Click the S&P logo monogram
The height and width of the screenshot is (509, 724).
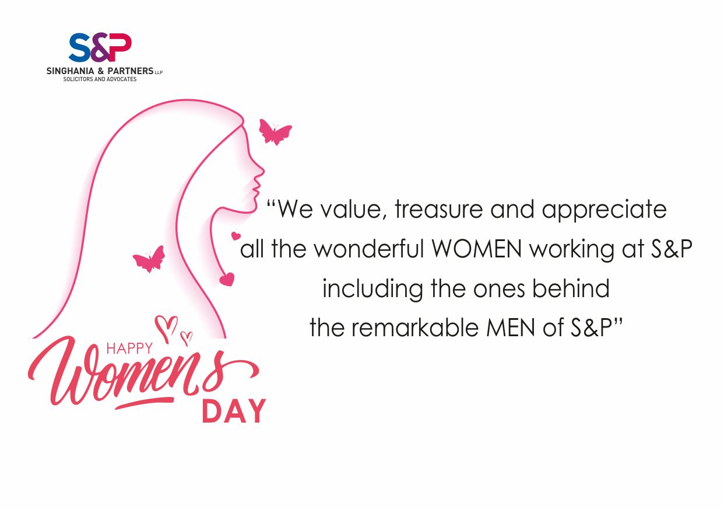click(x=100, y=47)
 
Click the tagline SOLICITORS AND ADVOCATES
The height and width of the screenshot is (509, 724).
click(x=100, y=79)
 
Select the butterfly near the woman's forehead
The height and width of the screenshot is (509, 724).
click(x=275, y=132)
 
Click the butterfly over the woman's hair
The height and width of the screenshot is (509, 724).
click(x=149, y=259)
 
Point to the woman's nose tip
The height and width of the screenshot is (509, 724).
click(x=263, y=171)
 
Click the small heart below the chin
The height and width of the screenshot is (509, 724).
click(x=236, y=236)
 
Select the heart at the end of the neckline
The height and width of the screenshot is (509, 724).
click(x=227, y=279)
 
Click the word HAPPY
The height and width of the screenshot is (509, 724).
click(x=129, y=348)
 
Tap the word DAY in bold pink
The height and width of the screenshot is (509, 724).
click(x=234, y=410)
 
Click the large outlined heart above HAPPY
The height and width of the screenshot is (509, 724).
click(x=167, y=327)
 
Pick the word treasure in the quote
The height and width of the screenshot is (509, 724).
click(x=438, y=209)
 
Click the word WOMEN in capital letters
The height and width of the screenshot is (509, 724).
click(x=477, y=249)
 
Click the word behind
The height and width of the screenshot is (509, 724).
click(x=571, y=288)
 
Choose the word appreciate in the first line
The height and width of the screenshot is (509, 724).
click(x=604, y=210)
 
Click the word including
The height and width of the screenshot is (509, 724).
click(x=372, y=290)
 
